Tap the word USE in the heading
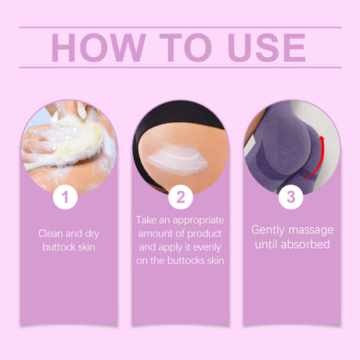(x=261, y=47)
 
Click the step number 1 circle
(x=67, y=197)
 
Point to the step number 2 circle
(x=180, y=197)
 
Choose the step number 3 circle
(x=291, y=197)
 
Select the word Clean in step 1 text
(x=52, y=232)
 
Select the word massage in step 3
(x=311, y=230)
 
